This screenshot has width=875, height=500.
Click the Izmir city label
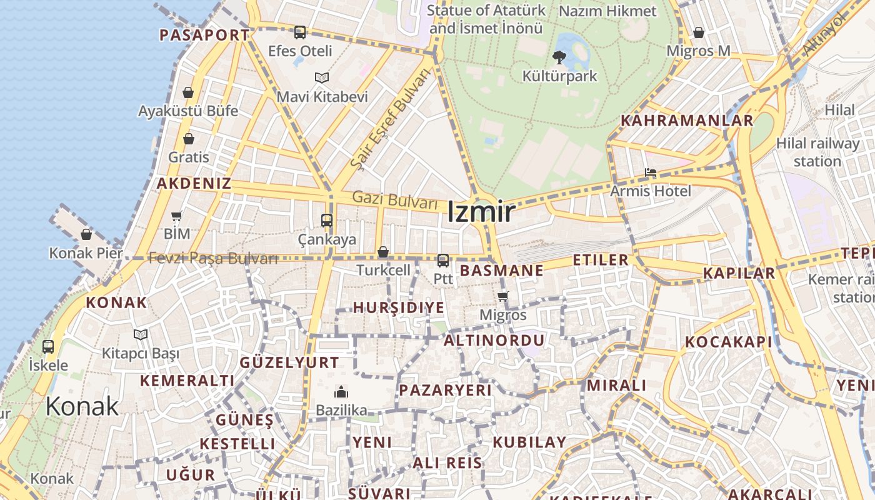click(x=481, y=212)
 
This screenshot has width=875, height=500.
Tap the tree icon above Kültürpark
click(x=559, y=57)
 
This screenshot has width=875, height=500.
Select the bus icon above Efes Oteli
click(x=300, y=32)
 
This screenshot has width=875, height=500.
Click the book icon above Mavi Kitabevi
click(x=322, y=78)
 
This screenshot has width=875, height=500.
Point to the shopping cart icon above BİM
click(x=177, y=216)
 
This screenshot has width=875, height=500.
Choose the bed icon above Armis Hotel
click(x=651, y=172)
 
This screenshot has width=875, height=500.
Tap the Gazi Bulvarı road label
click(x=394, y=201)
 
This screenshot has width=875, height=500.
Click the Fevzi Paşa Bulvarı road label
click(x=212, y=258)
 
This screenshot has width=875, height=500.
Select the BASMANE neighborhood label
click(x=501, y=271)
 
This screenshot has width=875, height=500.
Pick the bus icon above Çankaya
click(x=327, y=220)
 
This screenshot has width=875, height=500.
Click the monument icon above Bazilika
click(x=341, y=392)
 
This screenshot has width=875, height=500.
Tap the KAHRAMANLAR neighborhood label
click(x=686, y=121)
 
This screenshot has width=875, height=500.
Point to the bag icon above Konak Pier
click(x=86, y=234)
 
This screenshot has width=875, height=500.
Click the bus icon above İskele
click(x=48, y=346)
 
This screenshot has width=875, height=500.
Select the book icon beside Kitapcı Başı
click(x=141, y=335)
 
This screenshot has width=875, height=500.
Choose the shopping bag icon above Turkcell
click(x=383, y=252)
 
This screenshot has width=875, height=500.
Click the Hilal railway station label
click(x=817, y=152)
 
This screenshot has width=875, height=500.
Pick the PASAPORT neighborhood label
click(x=204, y=35)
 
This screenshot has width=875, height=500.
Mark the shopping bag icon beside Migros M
click(x=699, y=32)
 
